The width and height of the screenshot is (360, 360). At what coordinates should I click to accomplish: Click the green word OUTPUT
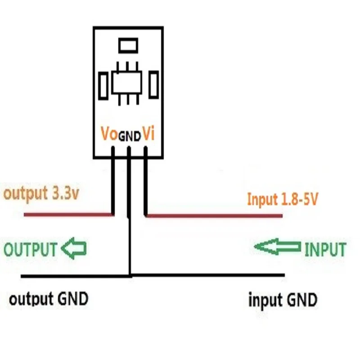(31, 249)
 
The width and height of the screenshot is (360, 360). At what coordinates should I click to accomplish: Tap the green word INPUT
(325, 249)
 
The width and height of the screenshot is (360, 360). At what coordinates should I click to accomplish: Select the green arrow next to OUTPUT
(74, 248)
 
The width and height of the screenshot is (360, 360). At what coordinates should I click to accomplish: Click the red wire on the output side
(67, 215)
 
